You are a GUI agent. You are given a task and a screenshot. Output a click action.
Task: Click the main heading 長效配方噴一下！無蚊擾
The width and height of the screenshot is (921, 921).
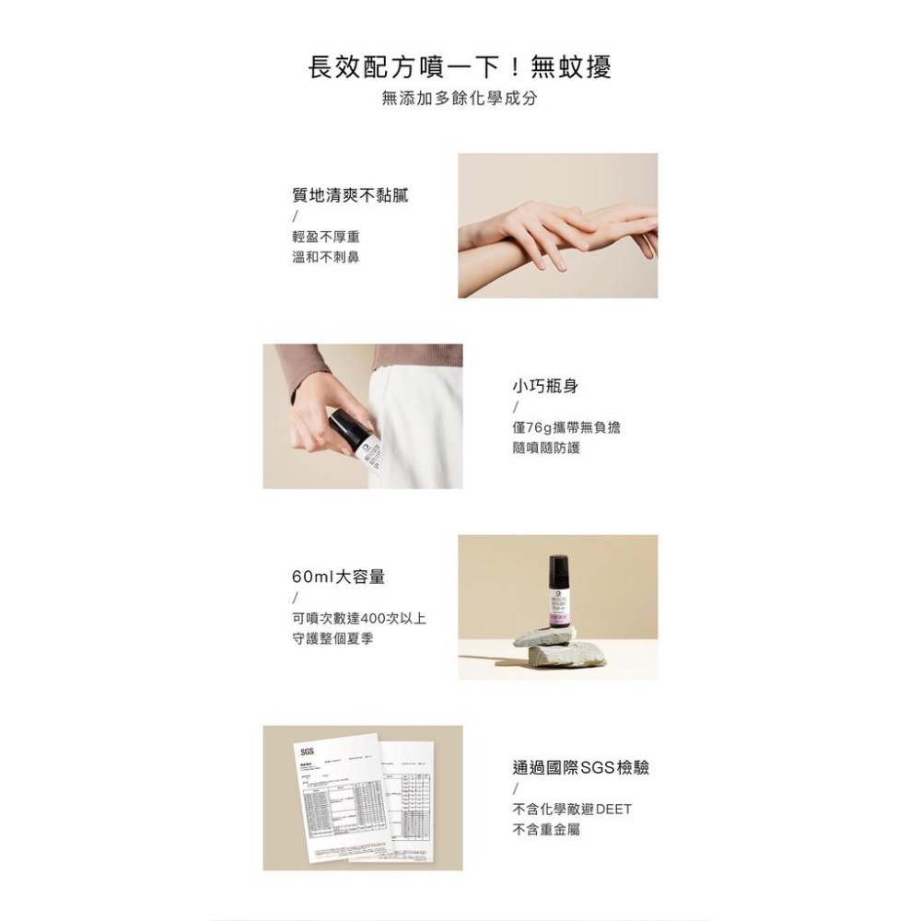click(460, 67)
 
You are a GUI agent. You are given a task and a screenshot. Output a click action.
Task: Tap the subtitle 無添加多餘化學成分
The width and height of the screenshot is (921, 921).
click(460, 98)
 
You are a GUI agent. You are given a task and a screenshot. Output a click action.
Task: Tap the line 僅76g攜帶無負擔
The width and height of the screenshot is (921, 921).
click(566, 428)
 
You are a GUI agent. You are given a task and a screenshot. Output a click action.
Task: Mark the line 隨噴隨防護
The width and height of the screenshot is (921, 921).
click(546, 448)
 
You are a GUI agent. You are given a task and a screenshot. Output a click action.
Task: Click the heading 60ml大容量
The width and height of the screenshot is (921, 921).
click(338, 577)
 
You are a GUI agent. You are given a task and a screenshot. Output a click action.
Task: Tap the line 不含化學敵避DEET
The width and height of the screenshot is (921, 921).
click(572, 810)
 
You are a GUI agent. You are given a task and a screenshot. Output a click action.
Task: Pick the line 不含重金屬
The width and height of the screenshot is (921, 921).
click(546, 829)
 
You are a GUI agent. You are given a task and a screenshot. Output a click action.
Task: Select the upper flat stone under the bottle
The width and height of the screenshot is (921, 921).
click(549, 635)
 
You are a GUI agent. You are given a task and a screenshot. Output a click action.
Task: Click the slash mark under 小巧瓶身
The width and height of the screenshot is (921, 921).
click(516, 407)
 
